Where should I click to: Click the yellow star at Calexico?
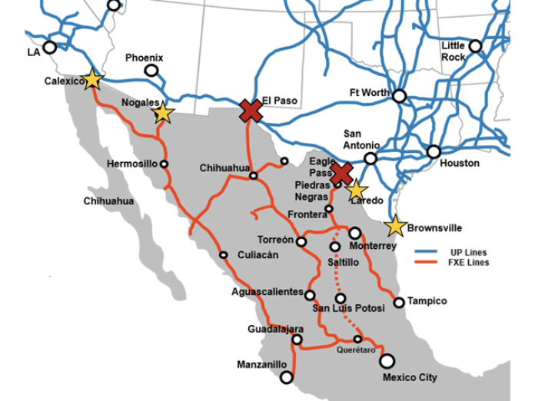coord(92,78)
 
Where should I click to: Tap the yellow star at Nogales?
coord(162,114)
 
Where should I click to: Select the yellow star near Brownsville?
coord(395,226)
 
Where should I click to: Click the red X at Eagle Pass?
coord(341,174)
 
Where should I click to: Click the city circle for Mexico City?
coord(387,360)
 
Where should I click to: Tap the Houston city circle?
coord(434,151)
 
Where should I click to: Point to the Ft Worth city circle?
coord(399,96)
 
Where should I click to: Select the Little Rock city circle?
coord(475,46)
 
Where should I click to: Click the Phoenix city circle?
coord(151,71)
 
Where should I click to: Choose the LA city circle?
coord(50,47)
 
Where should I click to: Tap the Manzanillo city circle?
coord(287,377)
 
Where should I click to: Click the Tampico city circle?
coord(399,302)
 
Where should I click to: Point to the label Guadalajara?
coord(275,329)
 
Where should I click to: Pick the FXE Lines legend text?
coord(470,263)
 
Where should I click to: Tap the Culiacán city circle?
coord(224,255)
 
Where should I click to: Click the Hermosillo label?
coord(131,164)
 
